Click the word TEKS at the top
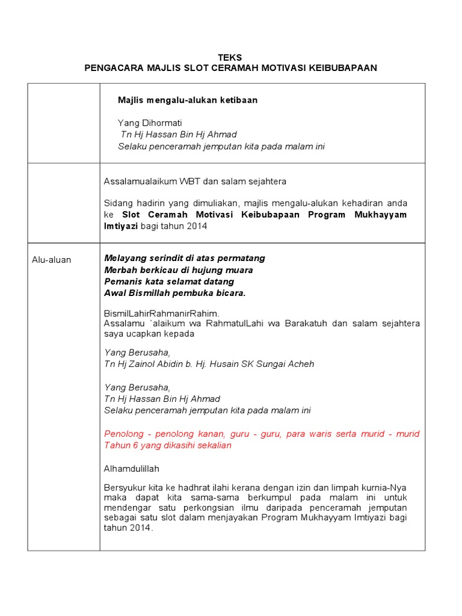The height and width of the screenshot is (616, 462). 231,57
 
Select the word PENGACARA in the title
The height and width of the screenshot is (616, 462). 113,68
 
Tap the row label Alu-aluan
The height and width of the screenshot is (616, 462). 51,260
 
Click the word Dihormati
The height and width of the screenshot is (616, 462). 161,123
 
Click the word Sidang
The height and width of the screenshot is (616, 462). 118,203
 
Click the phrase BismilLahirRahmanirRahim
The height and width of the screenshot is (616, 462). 162,313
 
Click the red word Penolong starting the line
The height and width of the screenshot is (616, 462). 126,434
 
